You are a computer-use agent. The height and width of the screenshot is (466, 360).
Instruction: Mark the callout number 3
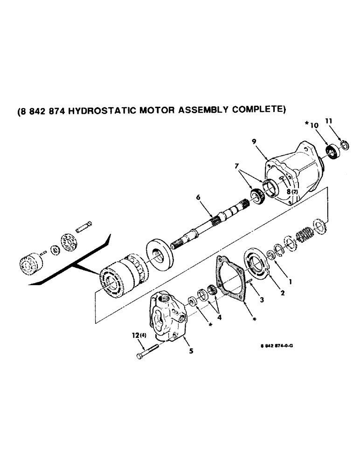tap(262, 301)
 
